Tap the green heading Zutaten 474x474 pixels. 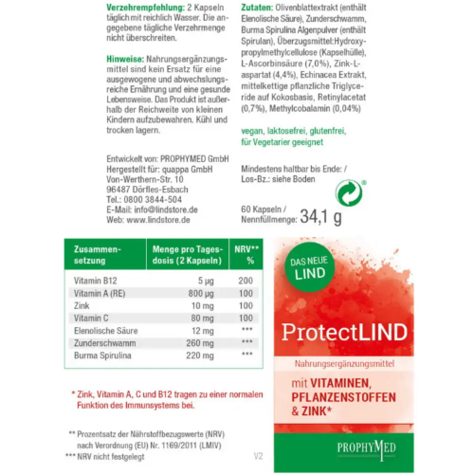point(256,8)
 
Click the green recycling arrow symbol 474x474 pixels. point(349,193)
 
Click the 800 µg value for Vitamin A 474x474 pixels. point(201,293)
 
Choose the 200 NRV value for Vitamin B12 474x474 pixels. point(246,281)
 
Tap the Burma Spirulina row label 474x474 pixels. point(102,355)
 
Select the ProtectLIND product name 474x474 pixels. point(344,332)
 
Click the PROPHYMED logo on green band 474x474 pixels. point(344,448)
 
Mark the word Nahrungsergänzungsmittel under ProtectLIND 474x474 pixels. point(344,365)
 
